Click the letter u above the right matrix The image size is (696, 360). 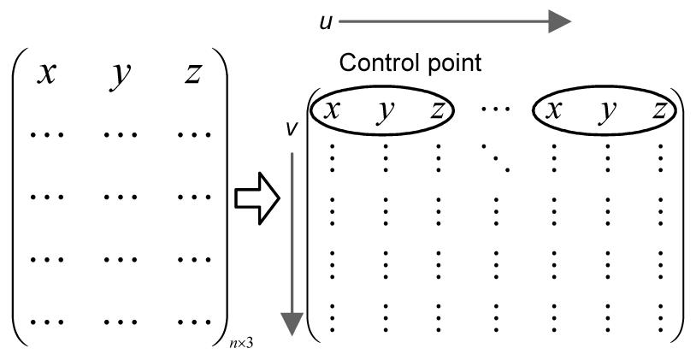(326, 21)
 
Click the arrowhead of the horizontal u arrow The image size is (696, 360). (560, 21)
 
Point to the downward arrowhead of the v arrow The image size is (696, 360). (292, 322)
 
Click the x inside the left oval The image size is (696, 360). (331, 110)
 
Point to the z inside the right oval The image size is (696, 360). (658, 110)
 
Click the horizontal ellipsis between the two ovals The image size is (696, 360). (493, 110)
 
